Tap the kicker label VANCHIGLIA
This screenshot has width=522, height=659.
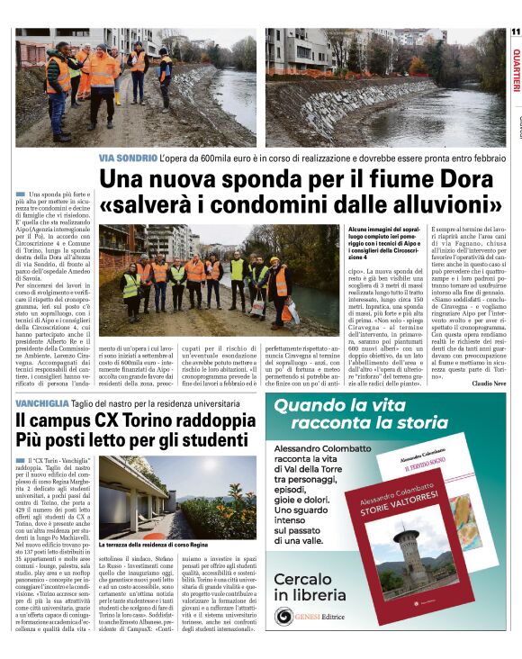pos(42,403)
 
